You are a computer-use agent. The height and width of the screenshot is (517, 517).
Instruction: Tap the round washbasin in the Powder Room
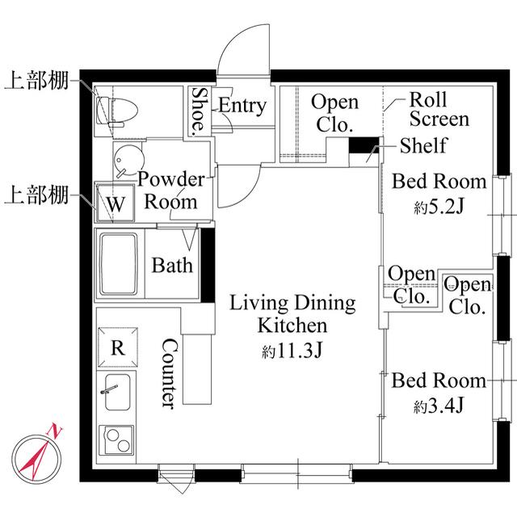pos(124,161)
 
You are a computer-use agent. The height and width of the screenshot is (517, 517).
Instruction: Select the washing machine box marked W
pos(116,204)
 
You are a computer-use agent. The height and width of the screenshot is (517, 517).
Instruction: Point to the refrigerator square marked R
pos(117,348)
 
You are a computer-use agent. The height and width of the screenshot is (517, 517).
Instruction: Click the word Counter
pos(169,372)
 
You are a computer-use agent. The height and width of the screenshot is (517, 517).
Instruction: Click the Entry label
pos(242,106)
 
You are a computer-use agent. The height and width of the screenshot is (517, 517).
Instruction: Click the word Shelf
pos(424,146)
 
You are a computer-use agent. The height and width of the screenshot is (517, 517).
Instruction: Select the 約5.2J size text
pos(439,207)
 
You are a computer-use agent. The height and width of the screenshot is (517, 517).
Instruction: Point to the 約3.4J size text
pos(439,406)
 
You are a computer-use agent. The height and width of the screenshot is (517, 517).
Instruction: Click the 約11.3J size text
pos(292,352)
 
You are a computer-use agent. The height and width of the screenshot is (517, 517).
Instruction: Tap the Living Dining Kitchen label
pos(292,315)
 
